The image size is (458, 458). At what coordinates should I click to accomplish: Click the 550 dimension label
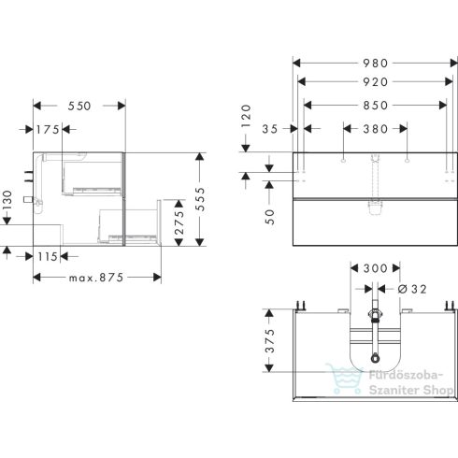tap(79, 107)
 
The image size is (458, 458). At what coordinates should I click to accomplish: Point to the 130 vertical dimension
tap(7, 200)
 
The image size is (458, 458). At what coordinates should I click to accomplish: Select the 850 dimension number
tap(374, 106)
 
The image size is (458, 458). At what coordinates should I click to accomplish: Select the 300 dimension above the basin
tap(374, 268)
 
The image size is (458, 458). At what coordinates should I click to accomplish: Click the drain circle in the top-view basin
tap(374, 358)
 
